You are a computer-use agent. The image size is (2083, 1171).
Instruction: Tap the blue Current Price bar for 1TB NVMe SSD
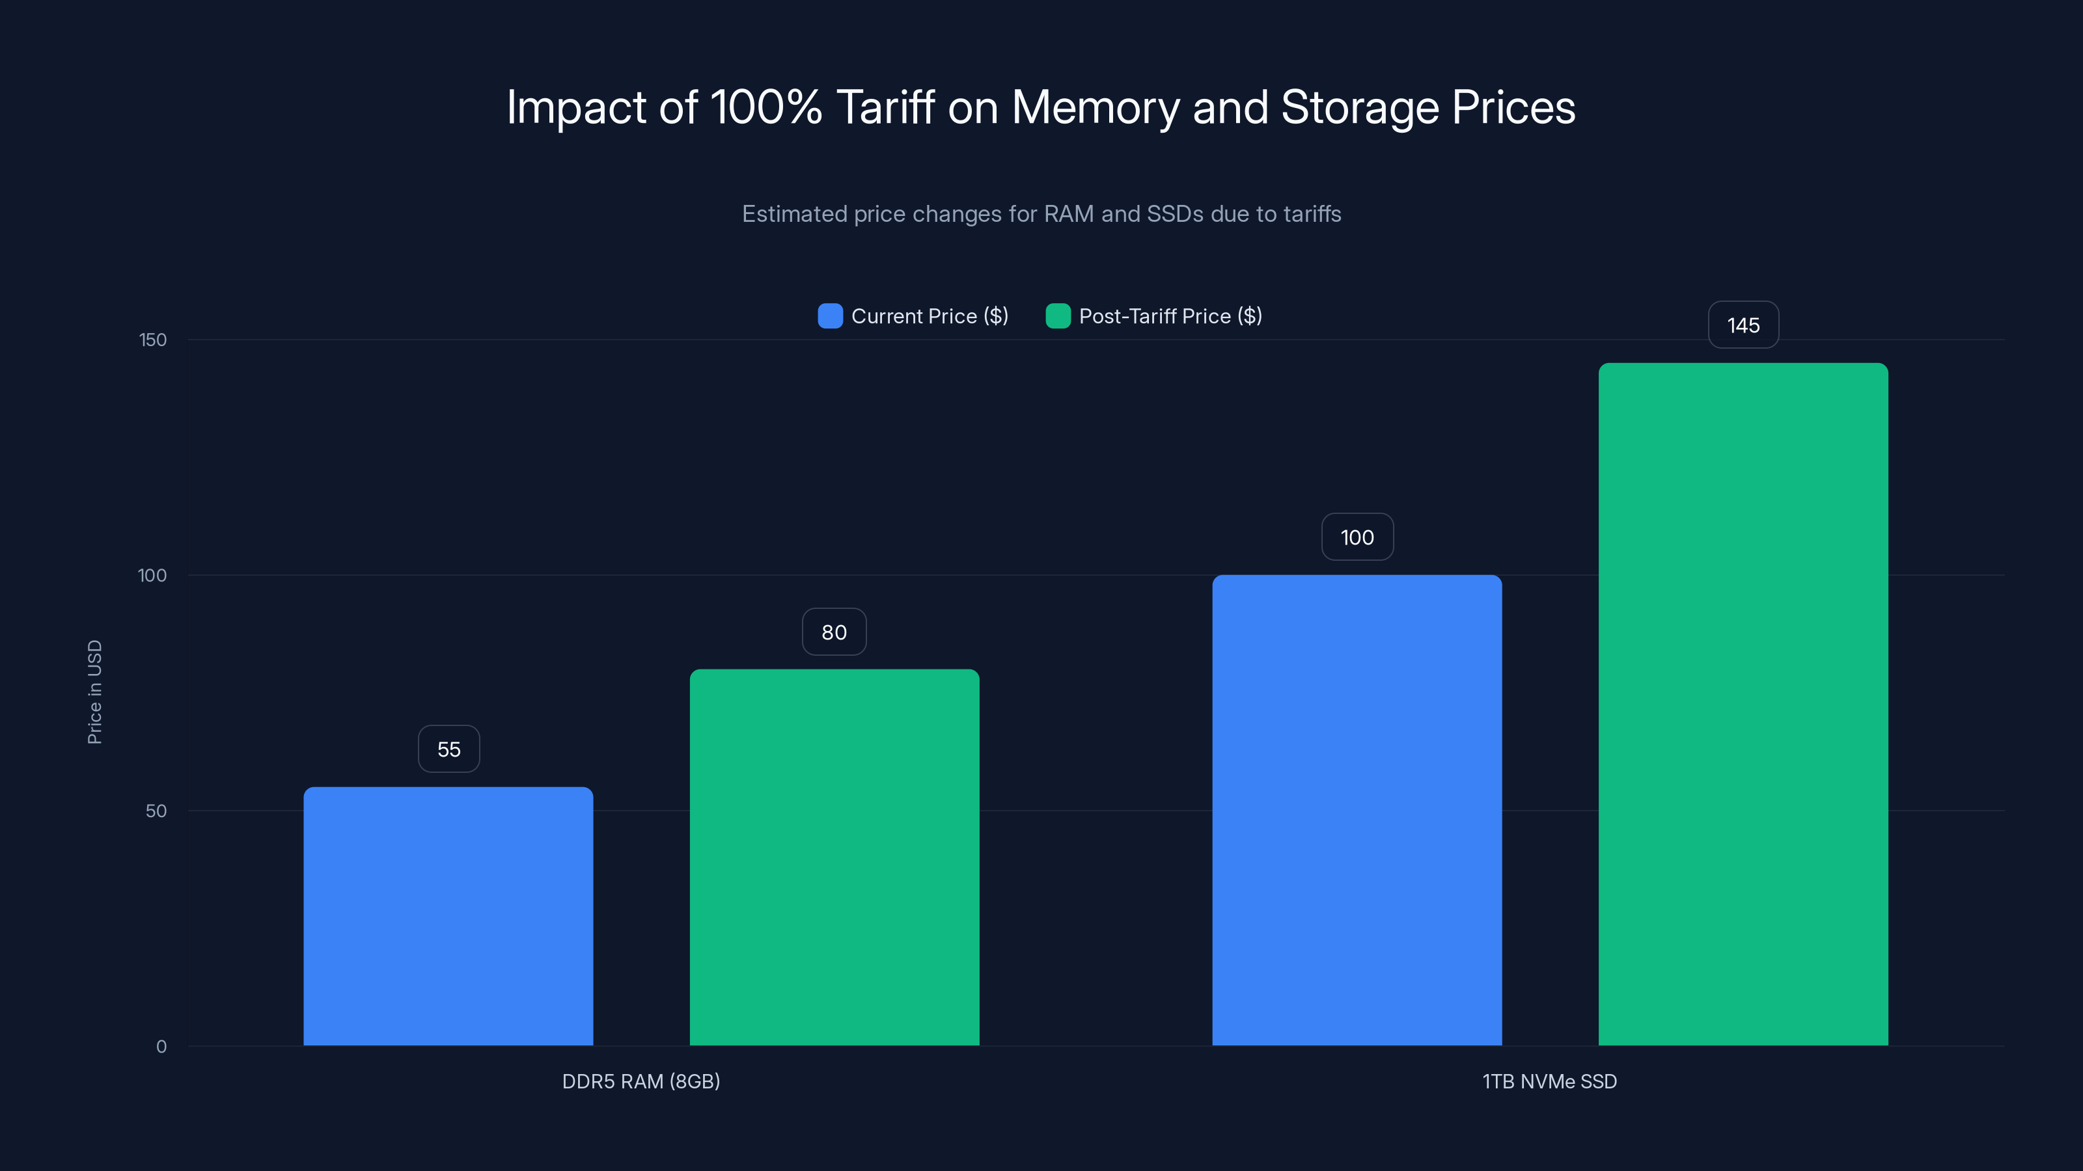pyautogui.click(x=1357, y=810)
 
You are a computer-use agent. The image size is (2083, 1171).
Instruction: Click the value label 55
pyautogui.click(x=448, y=749)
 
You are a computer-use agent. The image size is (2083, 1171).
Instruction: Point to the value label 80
pyautogui.click(x=834, y=632)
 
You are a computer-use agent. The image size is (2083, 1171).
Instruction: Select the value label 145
pyautogui.click(x=1743, y=325)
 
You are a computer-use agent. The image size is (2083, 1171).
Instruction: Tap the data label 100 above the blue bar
pyautogui.click(x=1357, y=537)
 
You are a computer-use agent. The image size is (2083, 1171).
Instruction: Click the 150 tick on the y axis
pyautogui.click(x=153, y=340)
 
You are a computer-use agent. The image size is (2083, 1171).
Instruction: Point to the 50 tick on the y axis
pyautogui.click(x=156, y=811)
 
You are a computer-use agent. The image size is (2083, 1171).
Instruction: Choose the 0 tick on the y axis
pyautogui.click(x=161, y=1047)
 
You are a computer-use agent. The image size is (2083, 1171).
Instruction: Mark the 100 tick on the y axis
pyautogui.click(x=152, y=575)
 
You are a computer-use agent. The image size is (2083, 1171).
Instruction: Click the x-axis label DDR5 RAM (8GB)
pyautogui.click(x=641, y=1081)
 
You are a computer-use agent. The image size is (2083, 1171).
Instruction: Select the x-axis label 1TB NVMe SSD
pyautogui.click(x=1549, y=1081)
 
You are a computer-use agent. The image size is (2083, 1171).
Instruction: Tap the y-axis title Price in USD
pyautogui.click(x=94, y=692)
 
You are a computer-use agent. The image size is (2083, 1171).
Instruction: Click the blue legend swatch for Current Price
pyautogui.click(x=831, y=316)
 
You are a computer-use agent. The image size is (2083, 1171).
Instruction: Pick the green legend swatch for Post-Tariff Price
pyautogui.click(x=1058, y=316)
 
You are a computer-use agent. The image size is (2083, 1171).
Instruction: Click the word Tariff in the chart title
pyautogui.click(x=885, y=107)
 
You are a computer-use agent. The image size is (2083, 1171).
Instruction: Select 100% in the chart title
pyautogui.click(x=766, y=107)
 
